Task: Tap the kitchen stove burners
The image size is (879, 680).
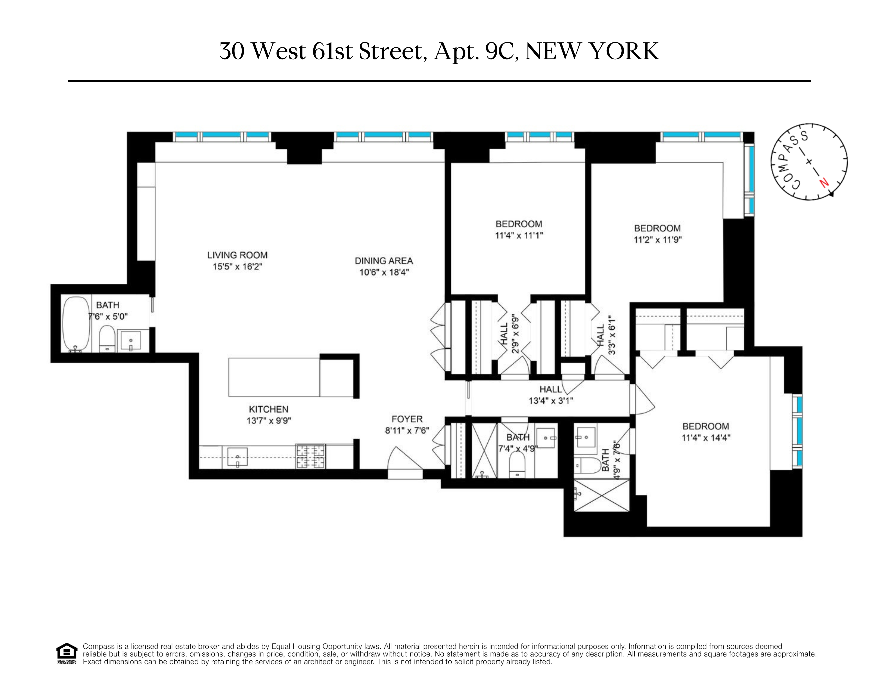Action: tap(310, 456)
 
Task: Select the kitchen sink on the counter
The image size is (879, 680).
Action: tap(237, 457)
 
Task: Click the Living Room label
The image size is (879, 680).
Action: tap(237, 255)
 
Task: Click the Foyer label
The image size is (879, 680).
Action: tap(407, 419)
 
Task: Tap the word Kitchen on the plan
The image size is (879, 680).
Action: tap(268, 409)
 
